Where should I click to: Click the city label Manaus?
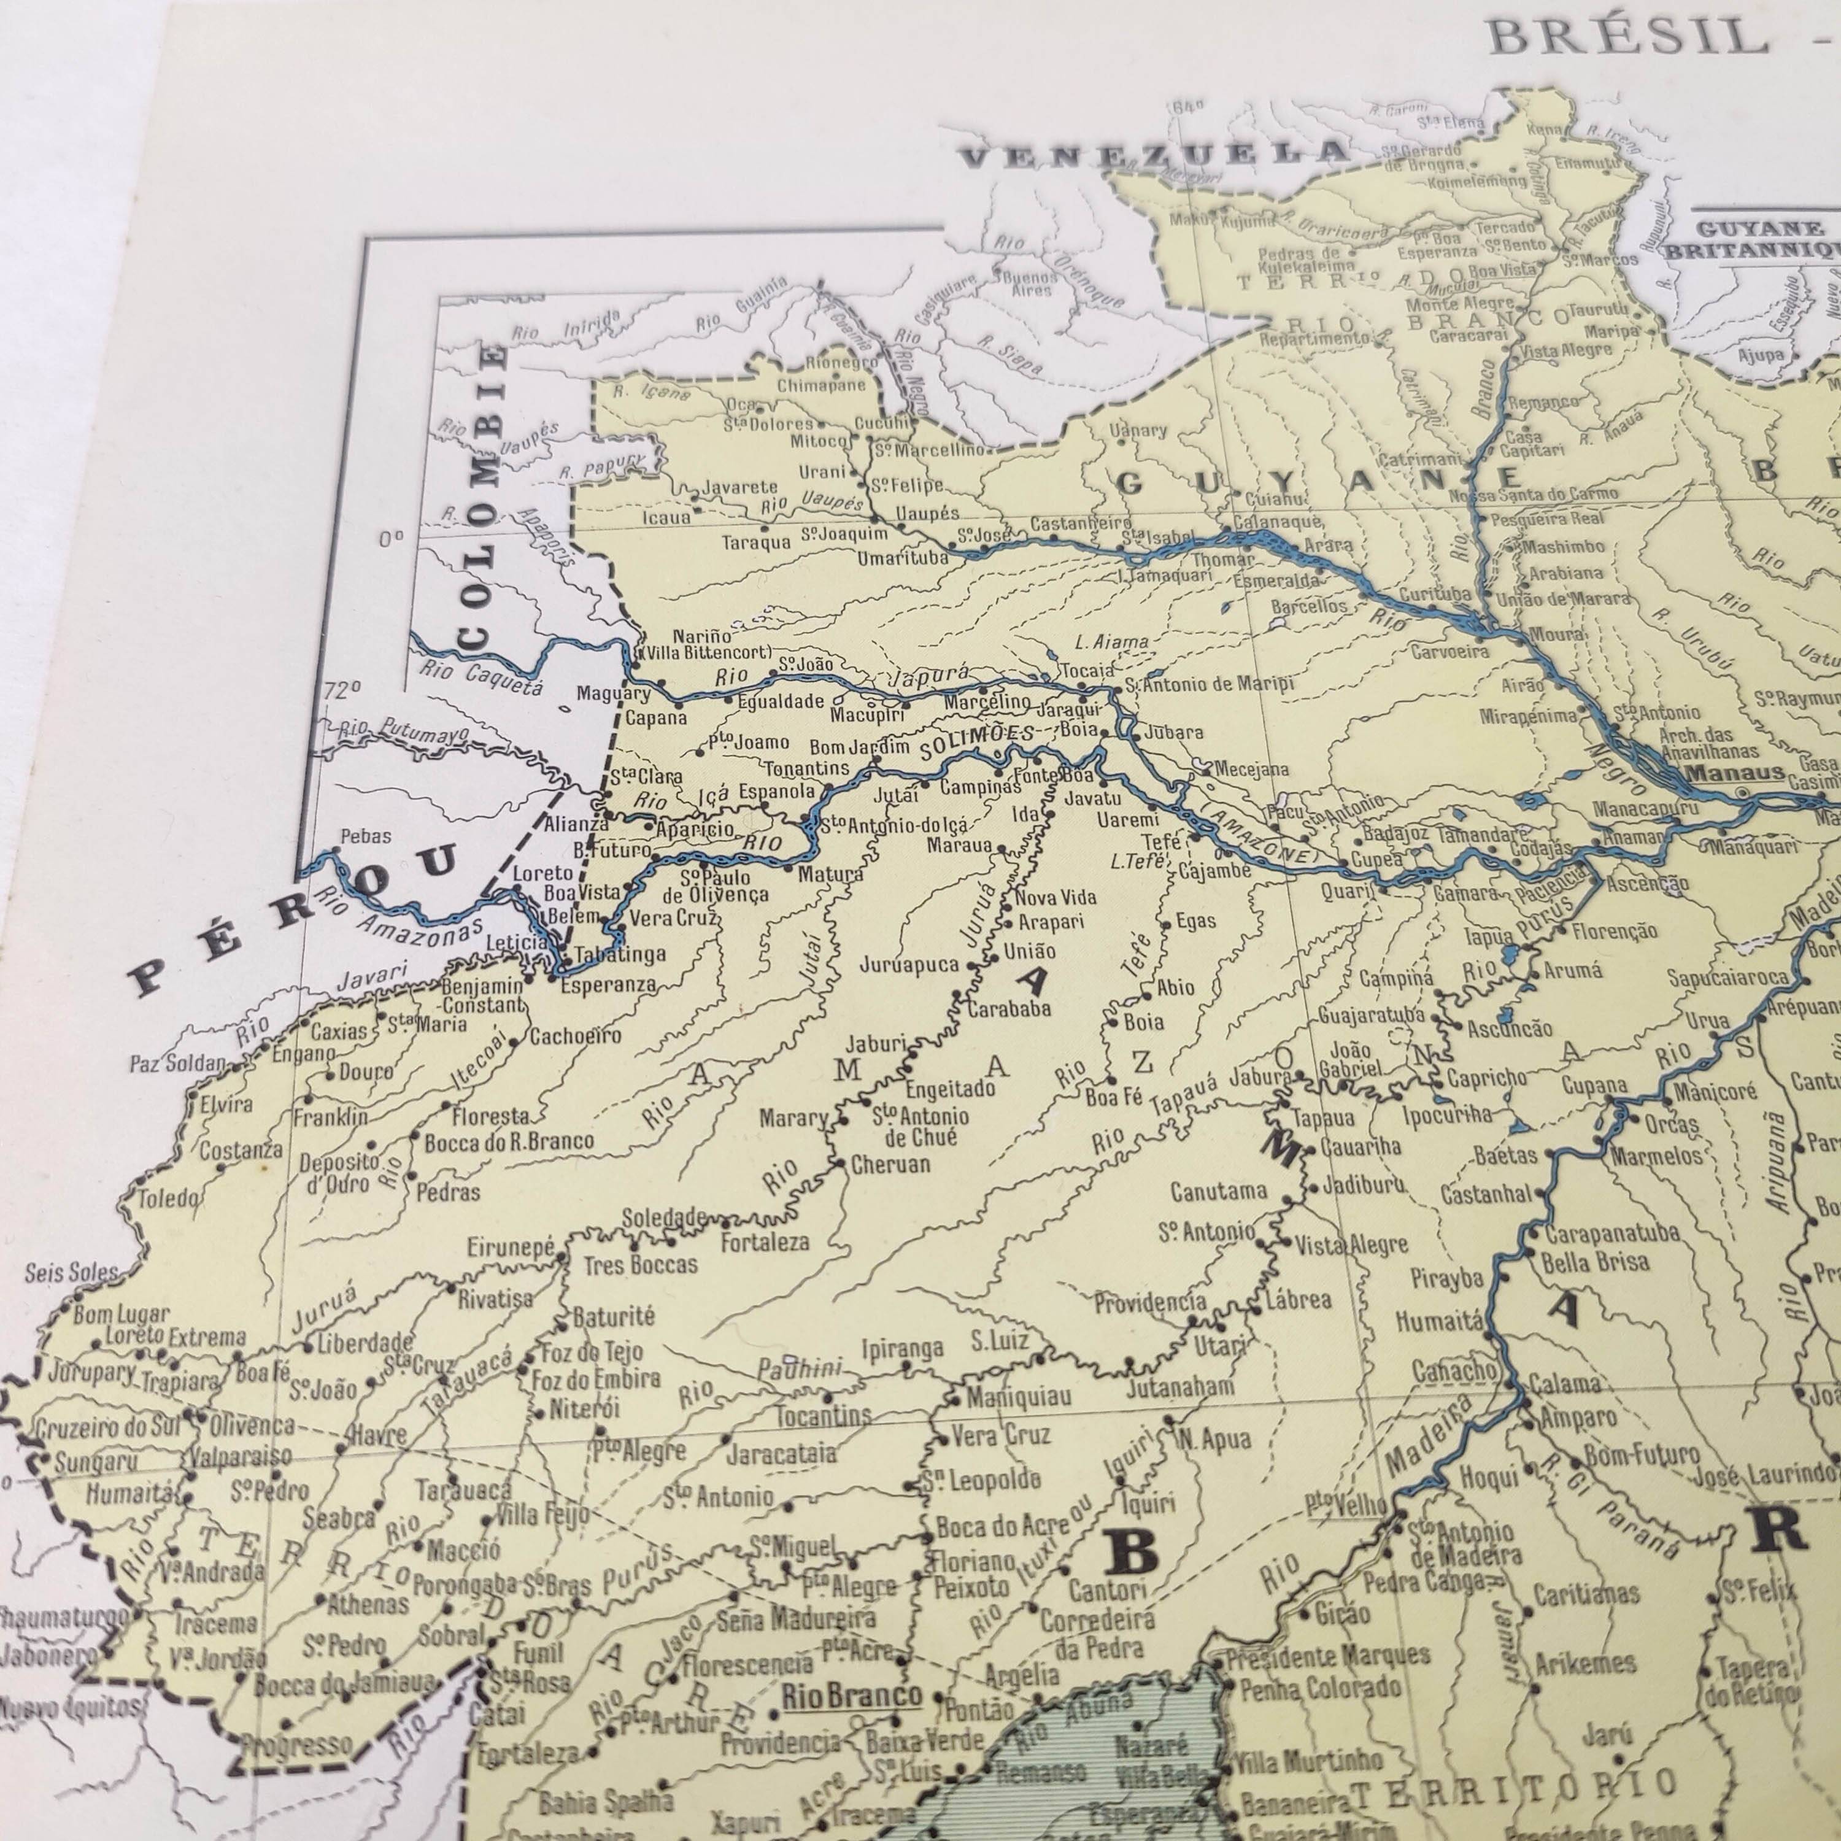(x=1734, y=773)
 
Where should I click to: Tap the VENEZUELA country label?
(x=1154, y=152)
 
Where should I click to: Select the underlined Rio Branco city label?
(x=851, y=1694)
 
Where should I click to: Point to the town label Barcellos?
(x=1308, y=606)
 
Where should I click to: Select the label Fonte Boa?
(x=1048, y=774)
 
